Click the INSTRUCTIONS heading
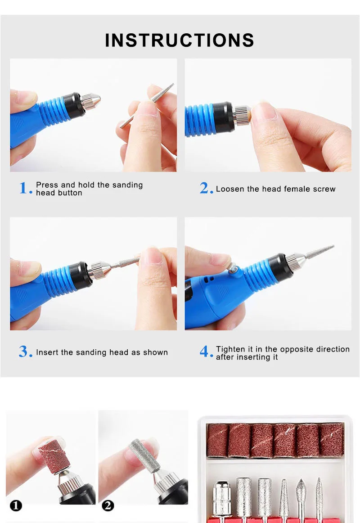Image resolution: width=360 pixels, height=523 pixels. tap(180, 40)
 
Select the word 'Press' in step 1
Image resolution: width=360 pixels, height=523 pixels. tap(47, 185)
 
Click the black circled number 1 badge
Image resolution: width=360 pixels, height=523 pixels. tap(16, 505)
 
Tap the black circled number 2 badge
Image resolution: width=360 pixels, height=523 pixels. tap(108, 505)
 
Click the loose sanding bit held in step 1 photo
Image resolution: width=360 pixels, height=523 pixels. tap(147, 105)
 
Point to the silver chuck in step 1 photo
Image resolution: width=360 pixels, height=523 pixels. tap(90, 101)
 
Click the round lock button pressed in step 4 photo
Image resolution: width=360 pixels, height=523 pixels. tap(232, 269)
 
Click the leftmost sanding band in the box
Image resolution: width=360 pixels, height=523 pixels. tap(218, 440)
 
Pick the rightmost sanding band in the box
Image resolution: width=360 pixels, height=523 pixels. tap(332, 439)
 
